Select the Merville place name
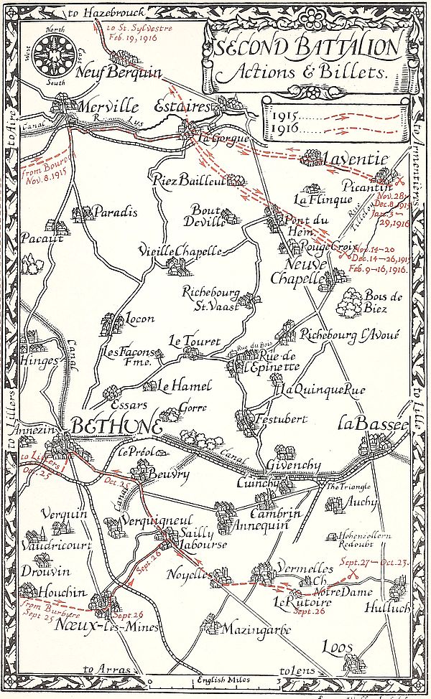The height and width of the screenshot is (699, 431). point(107,106)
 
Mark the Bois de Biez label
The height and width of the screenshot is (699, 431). point(376,301)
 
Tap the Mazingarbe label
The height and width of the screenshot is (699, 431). point(256,630)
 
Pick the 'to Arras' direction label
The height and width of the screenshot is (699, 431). point(98,670)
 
